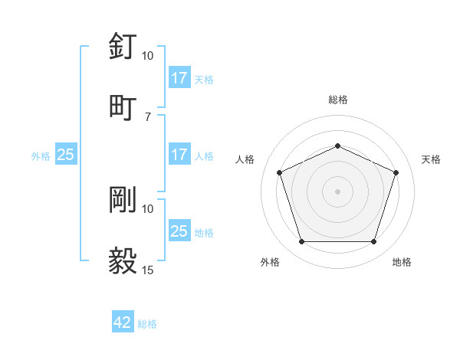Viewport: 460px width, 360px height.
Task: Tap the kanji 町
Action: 123,106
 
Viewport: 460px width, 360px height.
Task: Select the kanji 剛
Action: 123,199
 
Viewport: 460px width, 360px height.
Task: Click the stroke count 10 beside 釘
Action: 147,56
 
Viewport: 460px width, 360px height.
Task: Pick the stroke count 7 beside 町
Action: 147,116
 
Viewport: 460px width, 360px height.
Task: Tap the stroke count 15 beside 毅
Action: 147,270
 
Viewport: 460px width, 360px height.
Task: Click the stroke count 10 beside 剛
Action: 147,208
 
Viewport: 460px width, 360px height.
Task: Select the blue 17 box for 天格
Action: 179,78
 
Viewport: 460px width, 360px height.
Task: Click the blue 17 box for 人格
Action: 179,155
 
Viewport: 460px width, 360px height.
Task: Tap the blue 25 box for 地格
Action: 179,231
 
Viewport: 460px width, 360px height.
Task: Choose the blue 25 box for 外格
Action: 66,155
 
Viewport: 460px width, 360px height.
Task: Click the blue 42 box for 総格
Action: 123,323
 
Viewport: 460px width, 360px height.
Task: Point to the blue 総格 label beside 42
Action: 147,324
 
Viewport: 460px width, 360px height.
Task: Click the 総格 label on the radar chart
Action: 337,100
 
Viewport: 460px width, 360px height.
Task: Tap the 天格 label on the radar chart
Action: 431,159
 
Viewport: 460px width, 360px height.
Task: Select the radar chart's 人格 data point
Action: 279,172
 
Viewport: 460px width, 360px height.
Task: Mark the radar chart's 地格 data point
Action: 373,242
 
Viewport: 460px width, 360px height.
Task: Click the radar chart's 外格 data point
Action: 301,242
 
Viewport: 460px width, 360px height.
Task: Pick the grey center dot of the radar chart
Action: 337,191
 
